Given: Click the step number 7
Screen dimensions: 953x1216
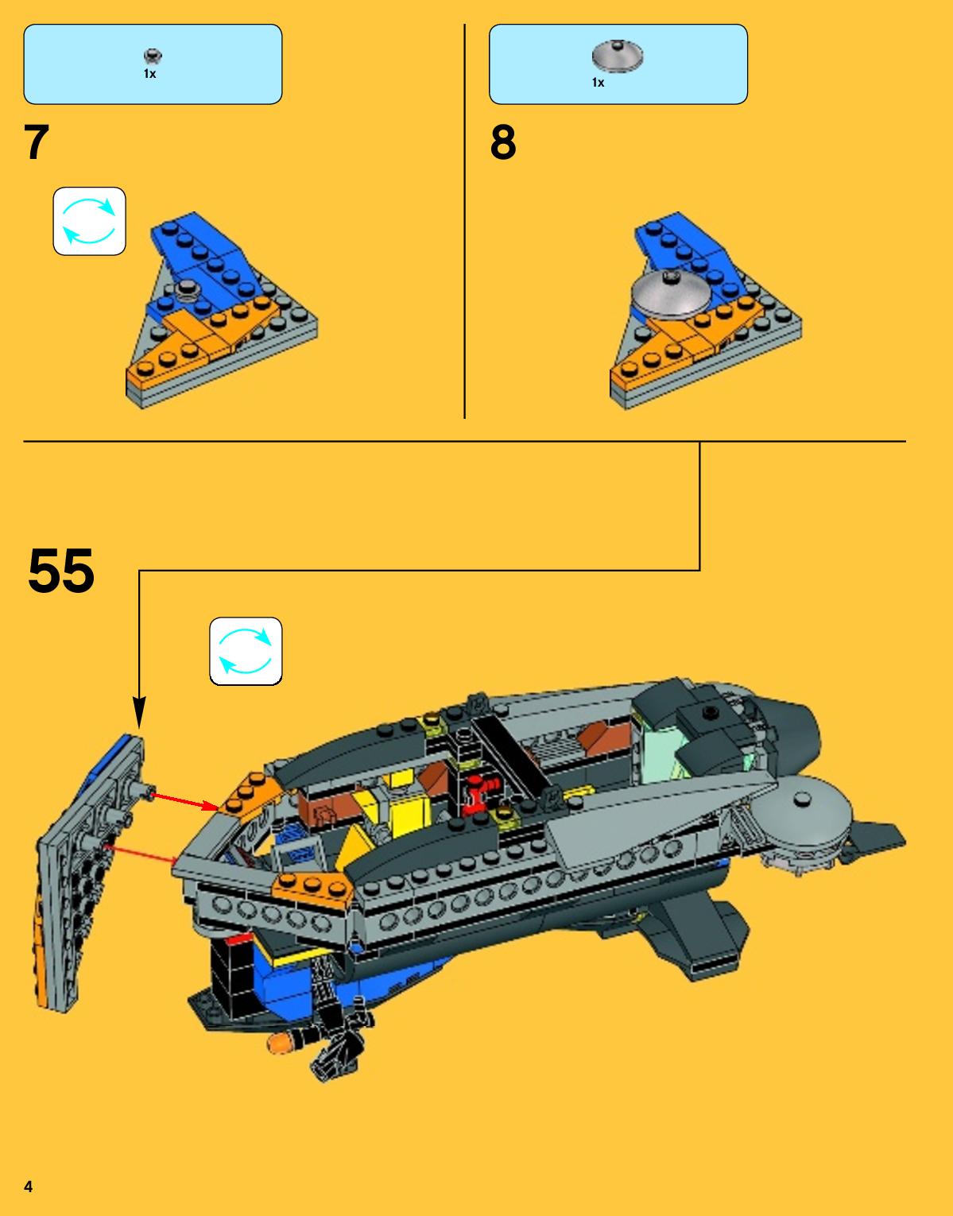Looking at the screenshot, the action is [x=37, y=142].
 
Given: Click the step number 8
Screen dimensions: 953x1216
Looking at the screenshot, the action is [x=502, y=142].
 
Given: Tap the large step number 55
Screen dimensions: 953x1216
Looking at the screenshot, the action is [x=61, y=571].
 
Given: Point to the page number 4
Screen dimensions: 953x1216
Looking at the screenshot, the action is [x=29, y=1186].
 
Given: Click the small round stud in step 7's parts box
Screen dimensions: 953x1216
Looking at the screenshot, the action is [x=153, y=56].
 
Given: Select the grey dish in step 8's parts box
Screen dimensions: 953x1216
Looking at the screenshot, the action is [x=618, y=56].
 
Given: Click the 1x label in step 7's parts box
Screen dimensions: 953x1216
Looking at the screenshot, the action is [x=150, y=74].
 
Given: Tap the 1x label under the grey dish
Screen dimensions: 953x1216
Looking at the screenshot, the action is [x=599, y=83].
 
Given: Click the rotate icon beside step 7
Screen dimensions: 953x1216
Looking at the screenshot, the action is [x=90, y=221].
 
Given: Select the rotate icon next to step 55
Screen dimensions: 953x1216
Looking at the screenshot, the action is [x=246, y=651].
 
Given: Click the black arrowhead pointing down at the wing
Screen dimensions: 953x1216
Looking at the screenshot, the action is [x=139, y=712].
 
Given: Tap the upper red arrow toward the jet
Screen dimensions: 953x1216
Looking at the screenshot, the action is [x=184, y=800].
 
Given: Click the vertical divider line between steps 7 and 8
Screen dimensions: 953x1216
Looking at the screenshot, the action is [x=464, y=221].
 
